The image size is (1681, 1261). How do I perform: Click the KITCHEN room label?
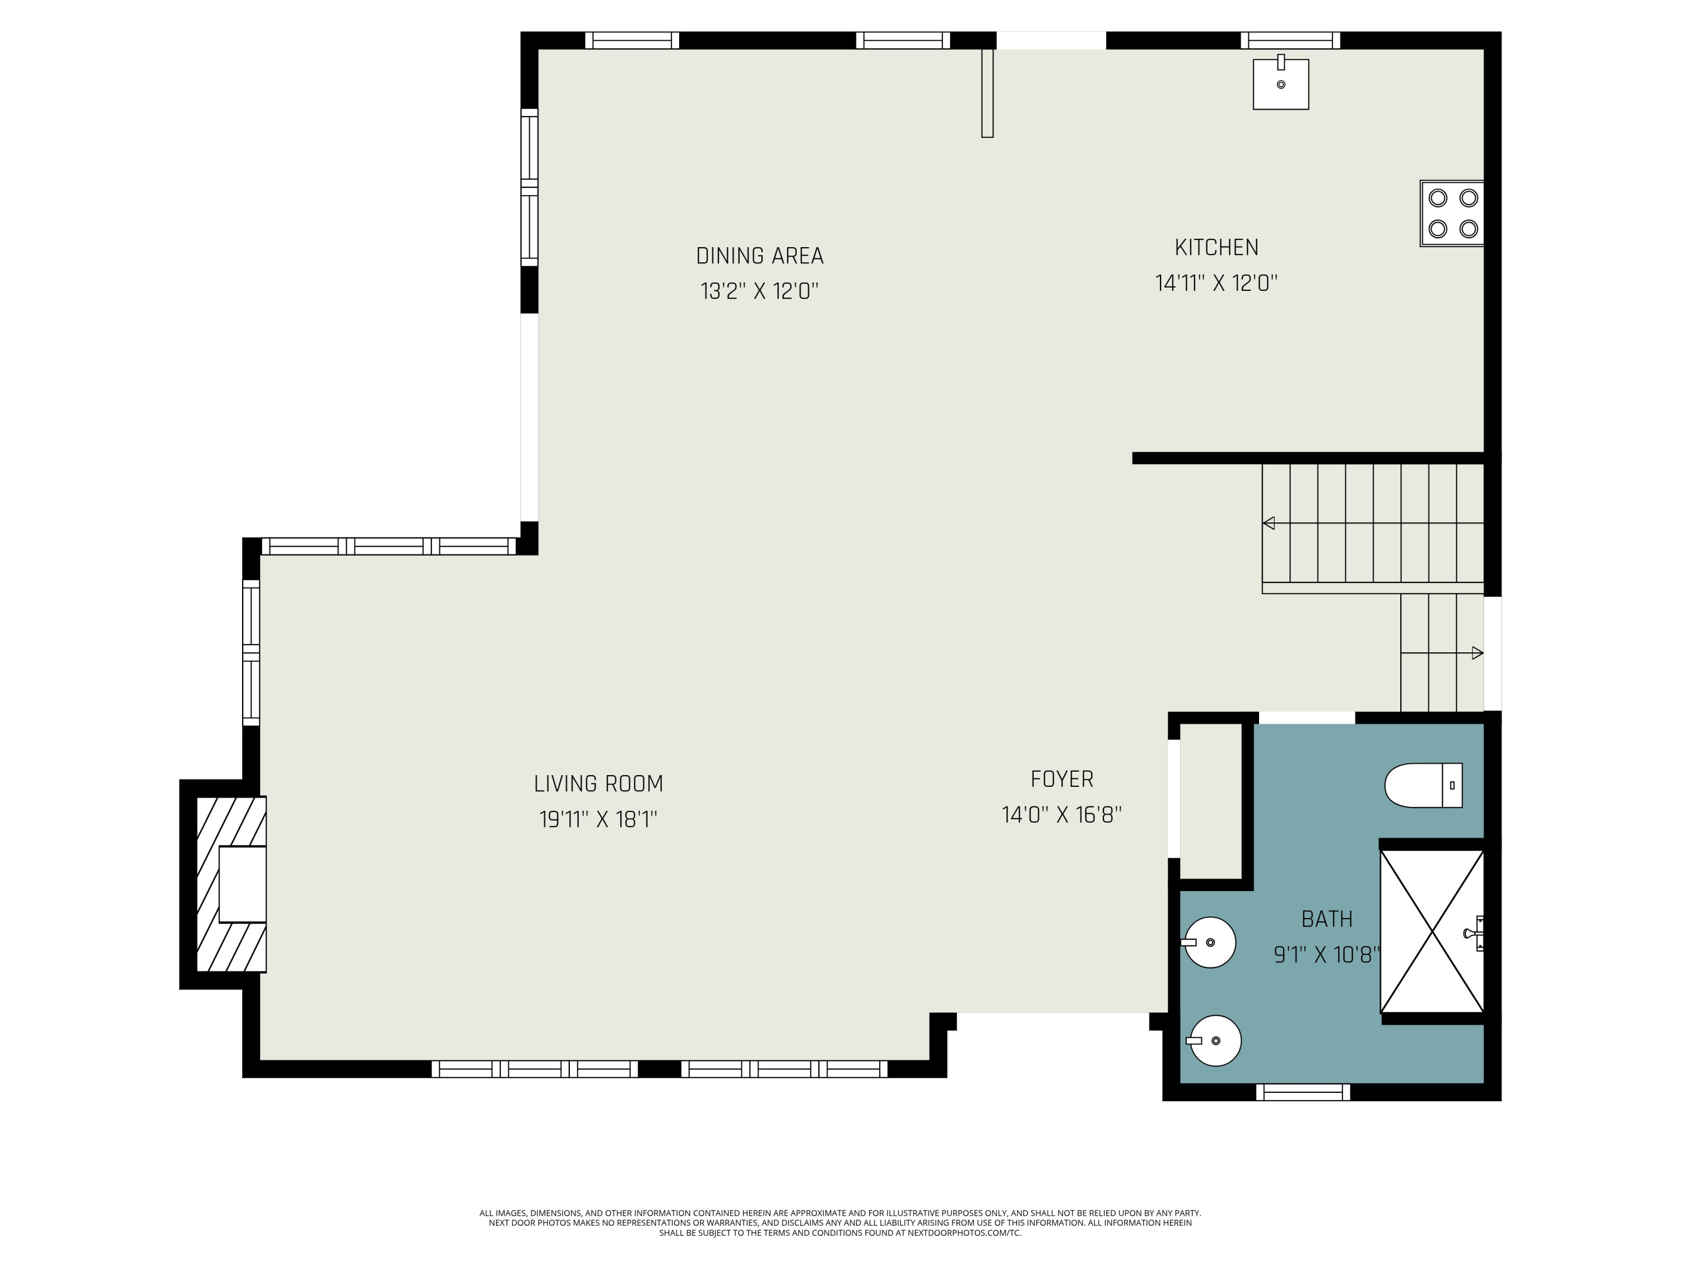[x=1216, y=247]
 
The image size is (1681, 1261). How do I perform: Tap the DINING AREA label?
[x=760, y=256]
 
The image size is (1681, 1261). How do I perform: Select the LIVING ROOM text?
[x=598, y=784]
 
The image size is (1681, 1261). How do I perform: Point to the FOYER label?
[x=1062, y=779]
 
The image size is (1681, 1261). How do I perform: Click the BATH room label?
[x=1327, y=919]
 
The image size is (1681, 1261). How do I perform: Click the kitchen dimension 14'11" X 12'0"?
[x=1216, y=284]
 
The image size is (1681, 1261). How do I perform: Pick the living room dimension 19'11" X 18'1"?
[x=598, y=819]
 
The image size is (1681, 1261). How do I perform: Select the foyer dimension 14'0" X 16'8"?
[x=1062, y=815]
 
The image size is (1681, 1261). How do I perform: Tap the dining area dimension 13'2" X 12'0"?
[x=760, y=291]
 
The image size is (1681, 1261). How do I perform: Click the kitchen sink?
[x=1280, y=84]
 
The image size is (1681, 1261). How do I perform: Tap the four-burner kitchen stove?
[x=1451, y=213]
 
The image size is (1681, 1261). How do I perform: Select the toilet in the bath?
[x=1423, y=785]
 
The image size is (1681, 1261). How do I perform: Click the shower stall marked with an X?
[x=1432, y=931]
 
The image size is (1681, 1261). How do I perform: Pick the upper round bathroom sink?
[x=1209, y=943]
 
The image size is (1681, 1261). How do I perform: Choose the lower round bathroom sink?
[x=1214, y=1041]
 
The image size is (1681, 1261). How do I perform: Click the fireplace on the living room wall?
[x=231, y=884]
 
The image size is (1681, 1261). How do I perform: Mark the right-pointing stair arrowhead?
[x=1478, y=653]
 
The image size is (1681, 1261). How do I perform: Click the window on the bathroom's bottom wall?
[x=1303, y=1092]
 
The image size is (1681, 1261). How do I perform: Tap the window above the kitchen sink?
[x=1290, y=40]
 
